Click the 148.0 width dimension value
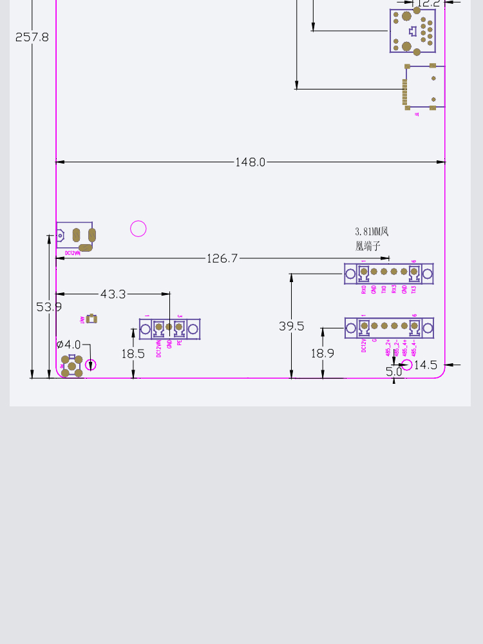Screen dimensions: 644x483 coord(250,162)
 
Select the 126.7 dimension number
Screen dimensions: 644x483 coord(222,258)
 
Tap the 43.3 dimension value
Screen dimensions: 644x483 coord(113,294)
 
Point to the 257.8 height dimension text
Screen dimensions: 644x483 coord(32,37)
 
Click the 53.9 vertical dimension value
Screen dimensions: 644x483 coord(49,307)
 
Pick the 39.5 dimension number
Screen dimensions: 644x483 coord(291,327)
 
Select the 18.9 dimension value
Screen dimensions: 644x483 coord(323,353)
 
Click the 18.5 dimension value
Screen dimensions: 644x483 coord(133,354)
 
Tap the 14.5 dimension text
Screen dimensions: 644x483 coord(425,365)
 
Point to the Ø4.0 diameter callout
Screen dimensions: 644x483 coord(69,345)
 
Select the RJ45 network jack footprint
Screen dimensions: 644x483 coord(412,31)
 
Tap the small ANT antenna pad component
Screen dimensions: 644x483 coord(91,319)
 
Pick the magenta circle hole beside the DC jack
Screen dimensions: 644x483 coord(138,229)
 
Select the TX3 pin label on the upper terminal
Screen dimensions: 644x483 coord(414,289)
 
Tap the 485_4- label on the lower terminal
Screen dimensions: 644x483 coord(414,348)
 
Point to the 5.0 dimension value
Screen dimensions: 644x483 coord(393,372)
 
